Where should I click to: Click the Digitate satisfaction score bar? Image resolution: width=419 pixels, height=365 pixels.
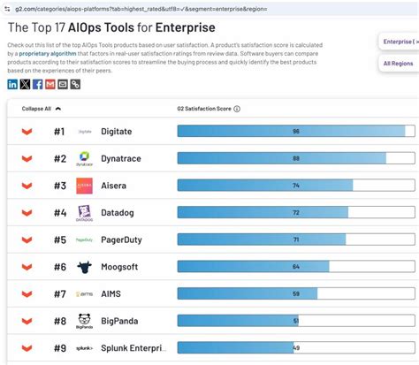(x=291, y=131)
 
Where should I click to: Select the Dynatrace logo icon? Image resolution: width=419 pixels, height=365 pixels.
(x=85, y=158)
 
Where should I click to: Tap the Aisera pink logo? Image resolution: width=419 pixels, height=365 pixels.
(x=85, y=186)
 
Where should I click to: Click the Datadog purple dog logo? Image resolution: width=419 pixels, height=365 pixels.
(x=85, y=213)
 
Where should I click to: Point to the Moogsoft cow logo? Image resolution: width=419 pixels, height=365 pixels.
(x=85, y=267)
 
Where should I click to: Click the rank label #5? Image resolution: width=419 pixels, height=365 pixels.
(x=59, y=240)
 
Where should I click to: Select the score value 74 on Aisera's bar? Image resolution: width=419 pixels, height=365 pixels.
(x=296, y=186)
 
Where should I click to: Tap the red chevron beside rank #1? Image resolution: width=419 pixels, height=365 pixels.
(x=27, y=132)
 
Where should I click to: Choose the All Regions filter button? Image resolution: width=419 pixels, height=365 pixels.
(x=397, y=64)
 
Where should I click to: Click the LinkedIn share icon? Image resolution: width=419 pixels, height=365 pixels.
(x=12, y=84)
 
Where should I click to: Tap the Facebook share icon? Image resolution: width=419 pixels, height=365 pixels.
(x=37, y=84)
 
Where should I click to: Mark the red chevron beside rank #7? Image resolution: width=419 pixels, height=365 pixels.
(x=27, y=293)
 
